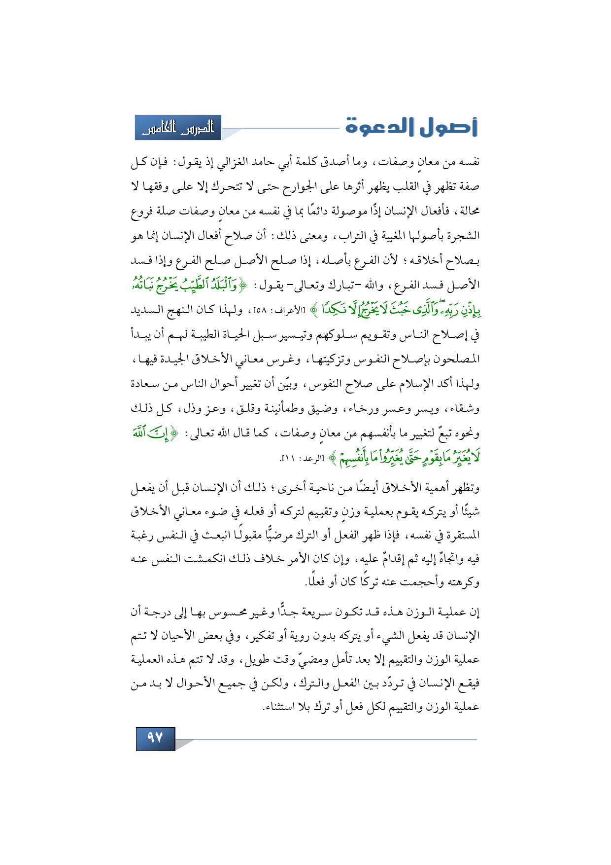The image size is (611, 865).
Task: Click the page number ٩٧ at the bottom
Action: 155,738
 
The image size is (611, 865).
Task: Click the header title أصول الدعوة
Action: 411,127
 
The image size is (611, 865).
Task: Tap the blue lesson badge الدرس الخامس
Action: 178,128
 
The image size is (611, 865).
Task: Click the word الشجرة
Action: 463,236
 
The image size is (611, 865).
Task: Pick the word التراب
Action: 352,236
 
